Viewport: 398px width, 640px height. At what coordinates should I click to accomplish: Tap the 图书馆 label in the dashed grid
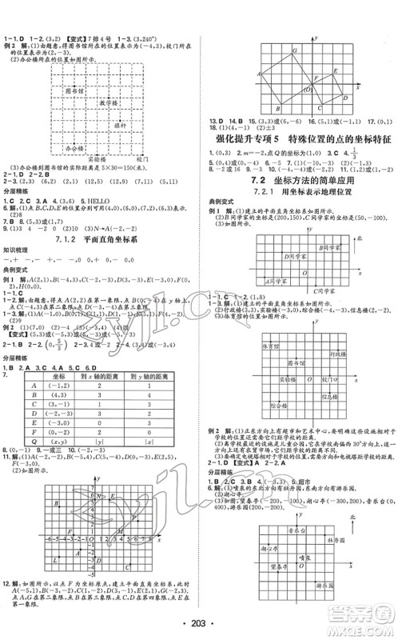(76, 93)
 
